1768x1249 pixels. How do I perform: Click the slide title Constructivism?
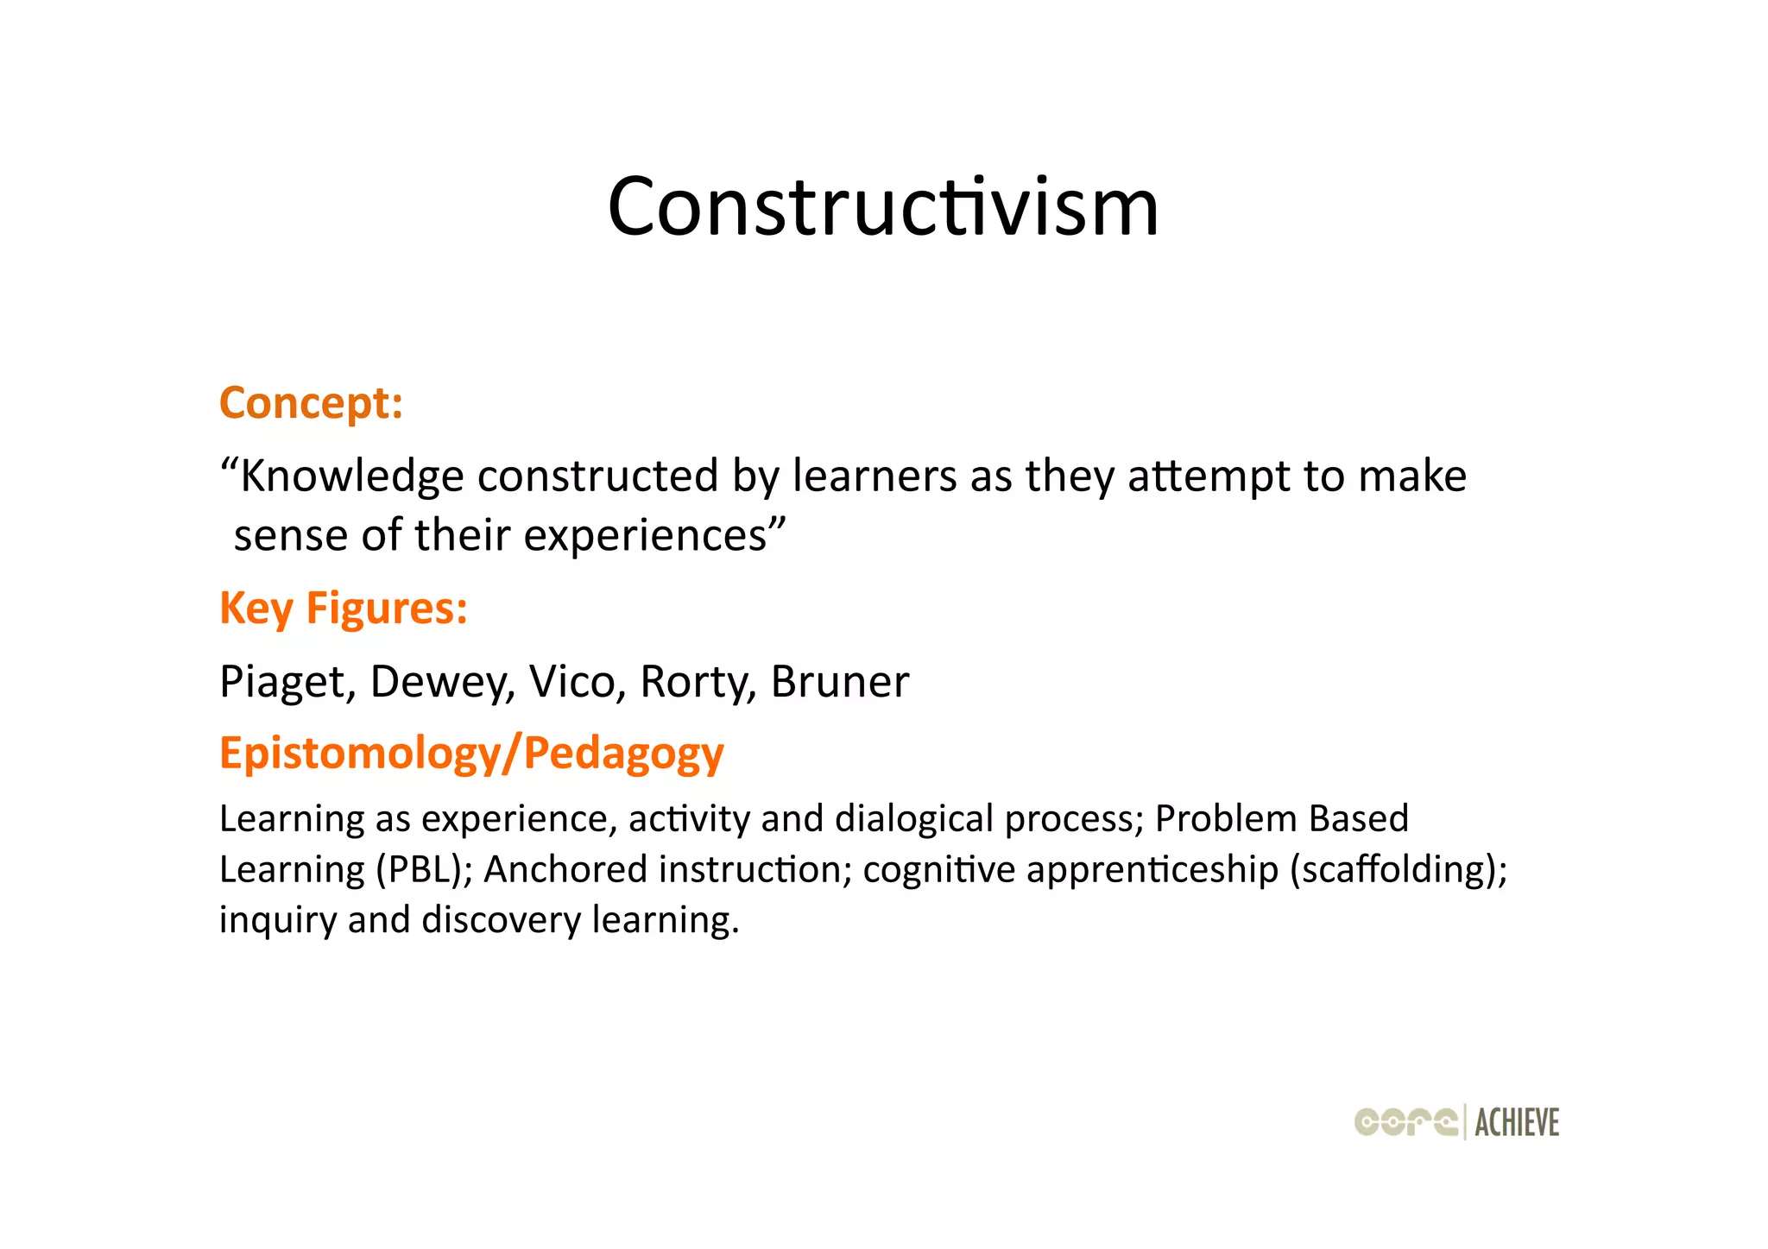pos(883,207)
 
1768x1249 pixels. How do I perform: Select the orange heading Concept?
pos(311,403)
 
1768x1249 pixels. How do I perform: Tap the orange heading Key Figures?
pos(344,609)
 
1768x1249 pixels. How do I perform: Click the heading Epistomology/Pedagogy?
pos(471,754)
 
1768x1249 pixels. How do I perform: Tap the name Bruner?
pos(839,682)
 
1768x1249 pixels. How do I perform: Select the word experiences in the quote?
pos(646,535)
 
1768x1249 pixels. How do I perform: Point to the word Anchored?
pos(565,869)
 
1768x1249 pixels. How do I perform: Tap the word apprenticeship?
pos(1152,869)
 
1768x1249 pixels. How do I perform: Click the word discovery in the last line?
pos(502,920)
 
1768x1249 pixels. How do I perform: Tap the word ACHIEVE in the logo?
pos(1517,1123)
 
